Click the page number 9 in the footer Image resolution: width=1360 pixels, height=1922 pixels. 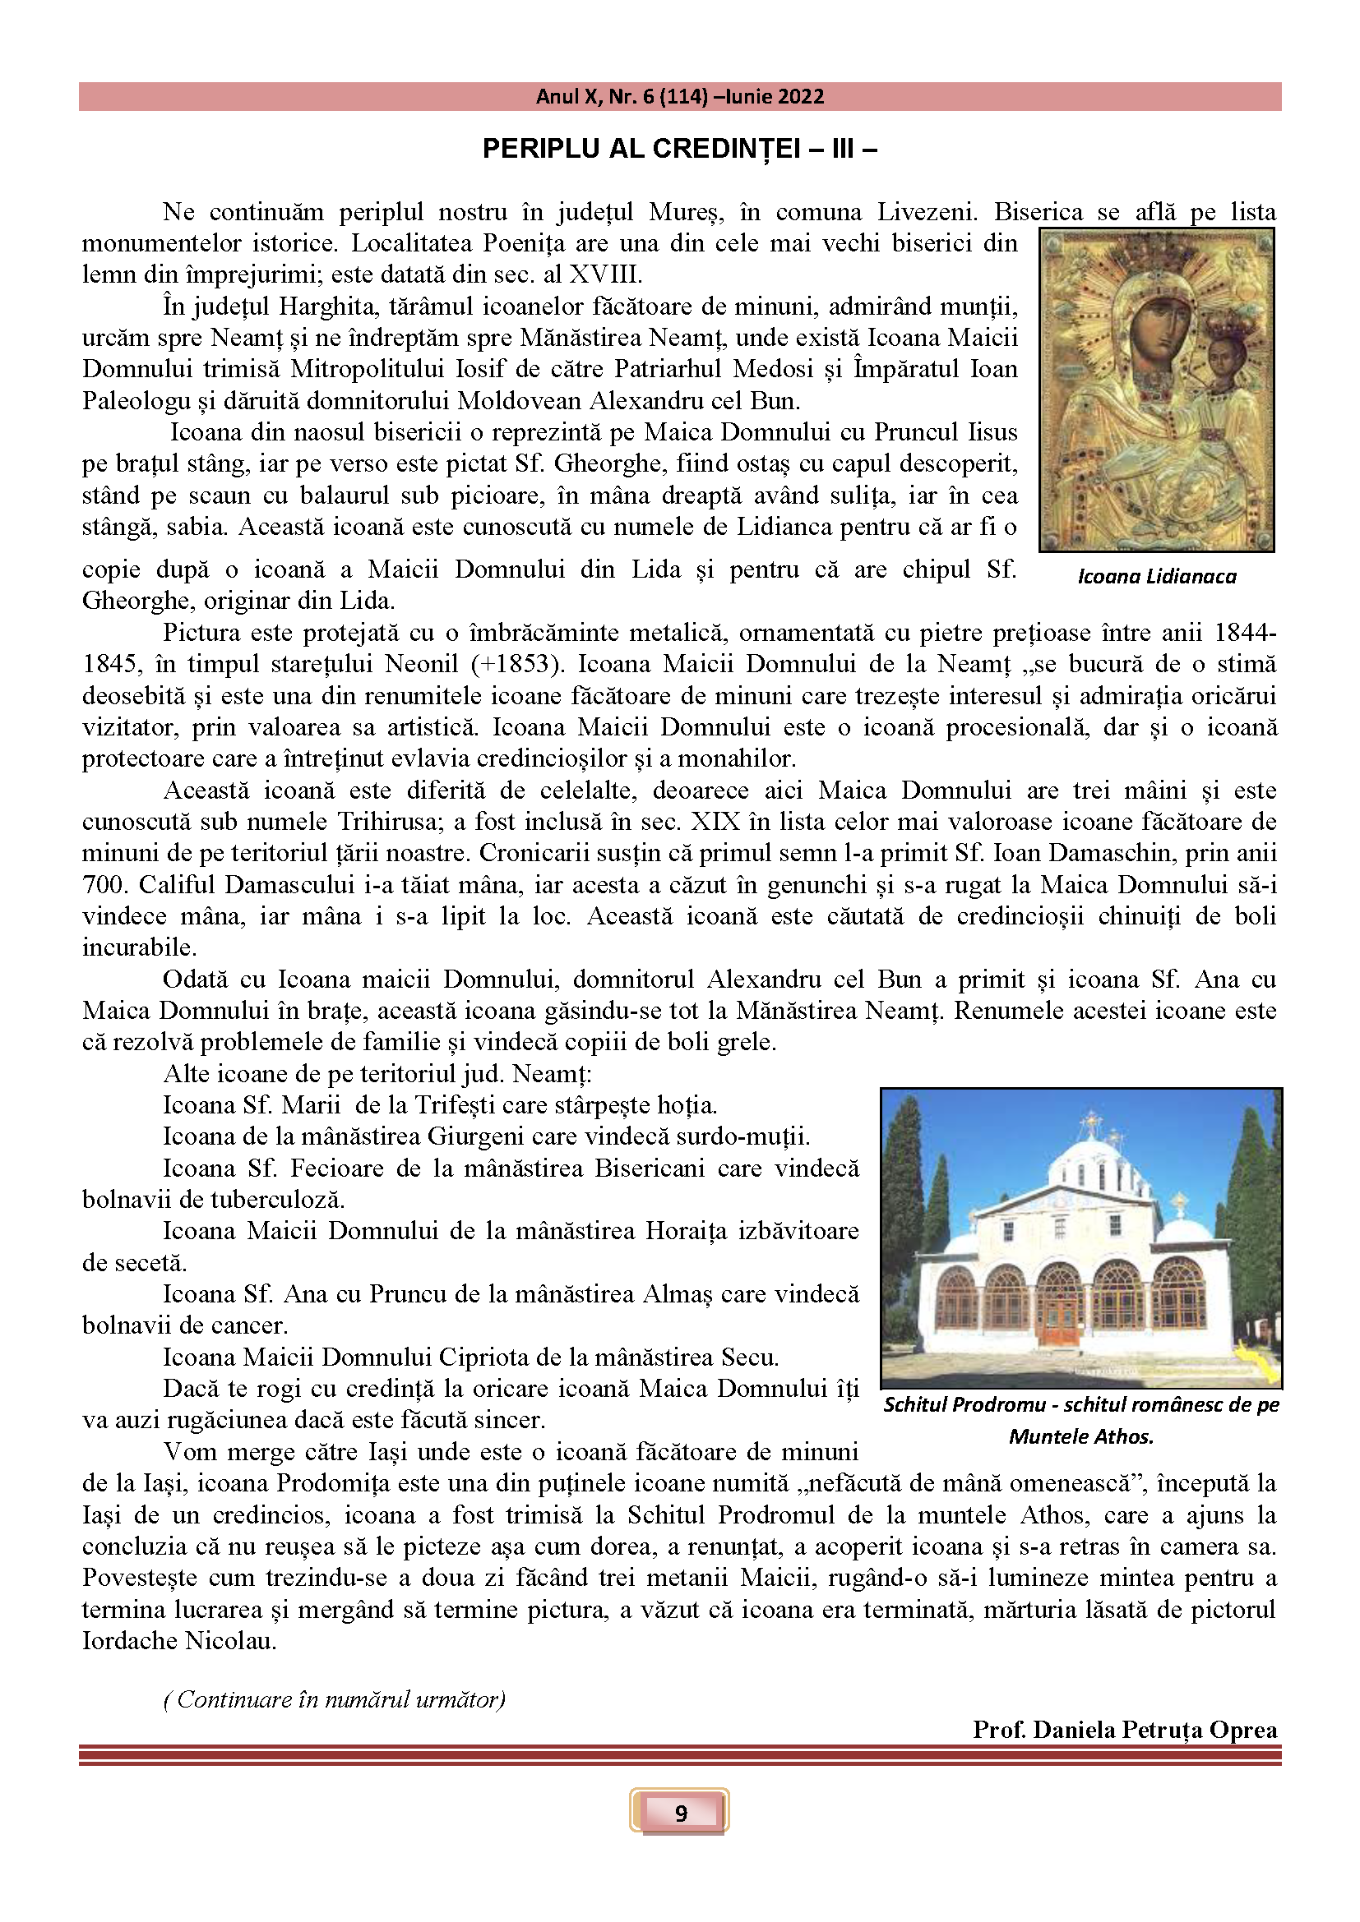tap(680, 1813)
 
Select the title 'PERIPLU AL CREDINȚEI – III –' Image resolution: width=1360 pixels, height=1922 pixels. tap(679, 149)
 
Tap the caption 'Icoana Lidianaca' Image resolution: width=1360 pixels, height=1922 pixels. tap(1157, 576)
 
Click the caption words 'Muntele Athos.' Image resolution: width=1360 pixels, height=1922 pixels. tap(1081, 1436)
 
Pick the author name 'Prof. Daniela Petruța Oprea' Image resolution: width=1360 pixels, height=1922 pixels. tap(1125, 1730)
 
